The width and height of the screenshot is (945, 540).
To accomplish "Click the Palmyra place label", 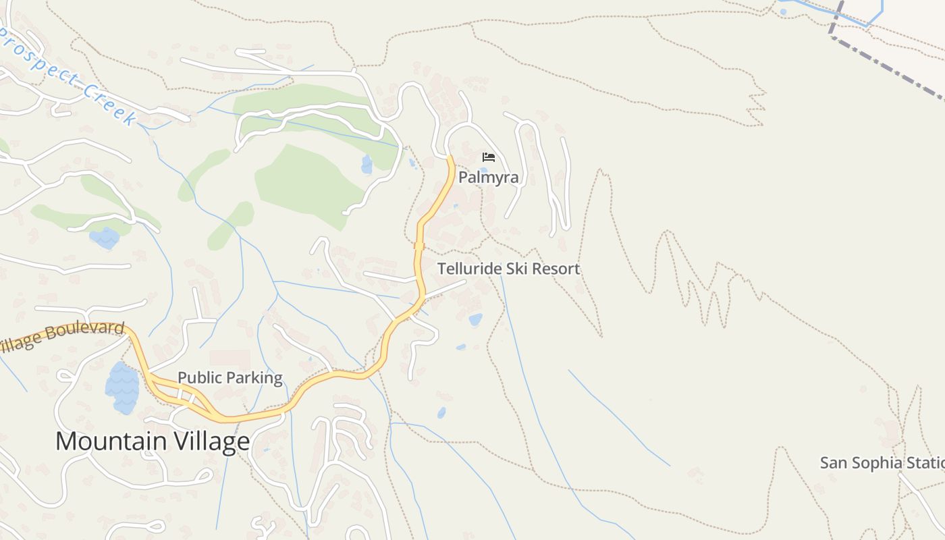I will pyautogui.click(x=489, y=178).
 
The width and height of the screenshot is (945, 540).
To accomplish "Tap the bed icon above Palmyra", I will pyautogui.click(x=489, y=157).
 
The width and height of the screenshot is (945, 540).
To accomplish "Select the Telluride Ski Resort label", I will pyautogui.click(x=508, y=269).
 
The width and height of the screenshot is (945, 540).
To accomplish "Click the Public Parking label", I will pyautogui.click(x=230, y=378).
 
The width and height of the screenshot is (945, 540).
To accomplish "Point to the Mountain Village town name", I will pyautogui.click(x=153, y=441).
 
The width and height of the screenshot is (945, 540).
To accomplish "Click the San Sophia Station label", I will pyautogui.click(x=882, y=463).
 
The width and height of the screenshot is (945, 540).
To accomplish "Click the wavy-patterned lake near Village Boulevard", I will pyautogui.click(x=122, y=388).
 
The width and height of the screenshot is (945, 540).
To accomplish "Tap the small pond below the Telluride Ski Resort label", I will pyautogui.click(x=475, y=319).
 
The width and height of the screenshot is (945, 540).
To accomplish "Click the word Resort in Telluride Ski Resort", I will pyautogui.click(x=556, y=269).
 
